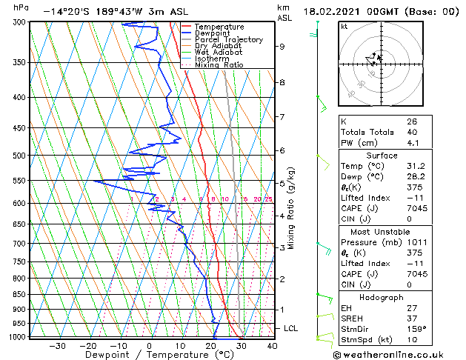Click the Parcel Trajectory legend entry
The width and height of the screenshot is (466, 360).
227,39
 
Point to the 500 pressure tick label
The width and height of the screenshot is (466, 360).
17,156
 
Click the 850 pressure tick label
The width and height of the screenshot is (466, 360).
17,294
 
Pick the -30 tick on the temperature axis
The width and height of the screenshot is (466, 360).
57,345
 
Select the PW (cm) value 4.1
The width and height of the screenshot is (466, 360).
412,143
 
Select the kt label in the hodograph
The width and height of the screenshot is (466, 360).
344,27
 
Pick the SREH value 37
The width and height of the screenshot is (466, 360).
412,318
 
